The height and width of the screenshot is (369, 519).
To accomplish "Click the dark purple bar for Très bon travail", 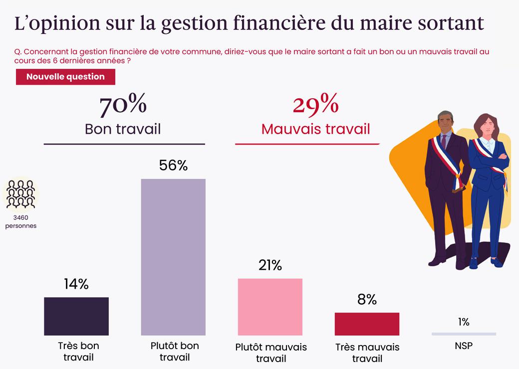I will tap(76, 316).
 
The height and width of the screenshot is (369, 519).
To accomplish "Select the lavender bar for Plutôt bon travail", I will tap(173, 257).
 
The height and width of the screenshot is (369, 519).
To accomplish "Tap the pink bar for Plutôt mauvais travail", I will tap(270, 307).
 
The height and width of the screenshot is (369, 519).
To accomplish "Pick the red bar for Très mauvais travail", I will tap(367, 324).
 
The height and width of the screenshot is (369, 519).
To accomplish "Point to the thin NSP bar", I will tap(464, 334).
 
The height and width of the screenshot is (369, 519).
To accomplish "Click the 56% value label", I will tap(173, 166).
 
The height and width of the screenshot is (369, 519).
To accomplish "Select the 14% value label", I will tap(76, 284).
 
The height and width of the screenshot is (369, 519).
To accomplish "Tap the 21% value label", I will tap(270, 265).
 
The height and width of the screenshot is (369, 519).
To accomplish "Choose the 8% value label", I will tap(367, 299).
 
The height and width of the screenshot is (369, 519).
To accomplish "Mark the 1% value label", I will tap(464, 322).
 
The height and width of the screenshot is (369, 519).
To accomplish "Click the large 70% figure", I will tap(123, 105).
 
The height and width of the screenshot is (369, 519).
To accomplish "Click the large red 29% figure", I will tap(315, 105).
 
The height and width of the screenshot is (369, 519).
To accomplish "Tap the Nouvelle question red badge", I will tap(65, 77).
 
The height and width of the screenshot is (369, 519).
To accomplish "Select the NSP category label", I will tap(464, 345).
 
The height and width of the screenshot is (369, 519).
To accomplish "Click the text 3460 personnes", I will tap(21, 221).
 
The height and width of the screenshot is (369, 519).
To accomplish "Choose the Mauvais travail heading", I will tap(315, 129).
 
